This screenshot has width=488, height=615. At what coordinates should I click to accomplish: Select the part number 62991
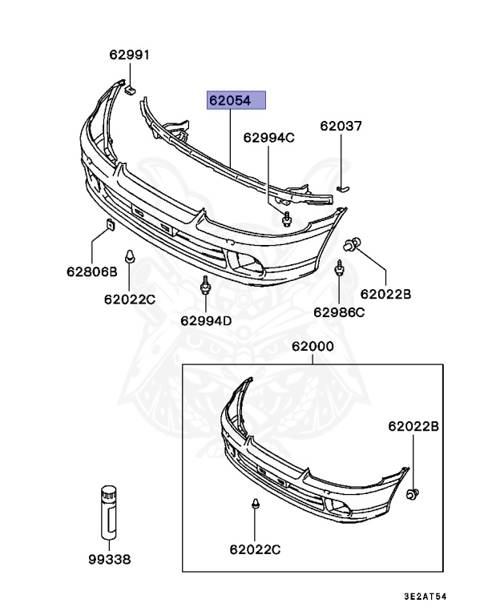(130, 55)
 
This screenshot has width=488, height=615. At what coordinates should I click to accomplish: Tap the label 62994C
(269, 137)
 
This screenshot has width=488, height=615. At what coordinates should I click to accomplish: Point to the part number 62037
(341, 126)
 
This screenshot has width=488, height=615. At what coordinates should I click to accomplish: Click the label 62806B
(92, 271)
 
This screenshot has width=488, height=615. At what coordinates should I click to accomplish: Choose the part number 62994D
(206, 320)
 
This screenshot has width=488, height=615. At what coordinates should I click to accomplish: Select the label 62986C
(339, 312)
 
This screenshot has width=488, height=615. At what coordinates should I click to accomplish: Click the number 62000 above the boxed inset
(313, 348)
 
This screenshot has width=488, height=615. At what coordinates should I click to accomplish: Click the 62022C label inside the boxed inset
(255, 549)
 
